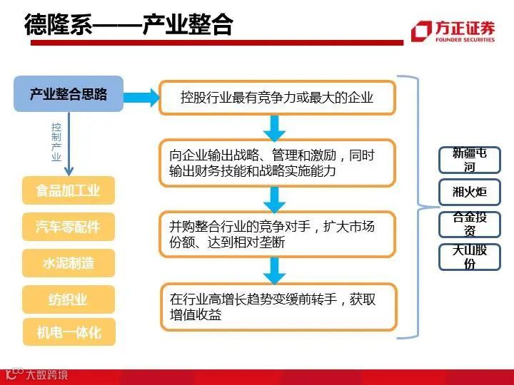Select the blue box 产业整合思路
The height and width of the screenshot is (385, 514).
click(69, 94)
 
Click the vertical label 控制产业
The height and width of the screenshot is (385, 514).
click(56, 142)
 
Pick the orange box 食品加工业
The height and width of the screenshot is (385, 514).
click(69, 190)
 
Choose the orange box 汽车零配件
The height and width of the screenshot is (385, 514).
click(69, 227)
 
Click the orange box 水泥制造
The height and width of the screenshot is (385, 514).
click(69, 263)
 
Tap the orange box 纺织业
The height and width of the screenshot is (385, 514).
click(69, 299)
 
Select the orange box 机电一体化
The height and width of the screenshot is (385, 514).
click(69, 332)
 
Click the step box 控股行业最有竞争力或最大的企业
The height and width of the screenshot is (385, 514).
click(277, 97)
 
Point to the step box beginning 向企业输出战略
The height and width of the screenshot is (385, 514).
click(277, 163)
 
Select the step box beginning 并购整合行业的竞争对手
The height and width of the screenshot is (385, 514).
click(277, 234)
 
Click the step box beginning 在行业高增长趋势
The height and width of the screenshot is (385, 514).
click(277, 307)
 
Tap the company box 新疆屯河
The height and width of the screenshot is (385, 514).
click(469, 160)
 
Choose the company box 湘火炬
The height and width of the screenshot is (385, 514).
click(469, 192)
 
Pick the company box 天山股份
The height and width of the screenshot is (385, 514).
click(469, 257)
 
